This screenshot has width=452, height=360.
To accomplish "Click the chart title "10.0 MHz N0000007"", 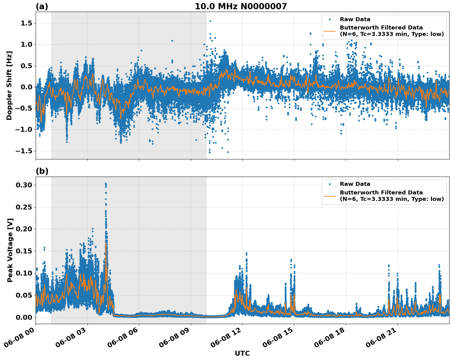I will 241,6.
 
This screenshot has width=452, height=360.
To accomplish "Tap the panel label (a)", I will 42,6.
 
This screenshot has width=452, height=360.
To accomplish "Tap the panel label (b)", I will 42,171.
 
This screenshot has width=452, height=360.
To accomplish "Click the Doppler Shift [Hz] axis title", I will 10,85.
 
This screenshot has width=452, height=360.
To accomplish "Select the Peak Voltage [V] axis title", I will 10,250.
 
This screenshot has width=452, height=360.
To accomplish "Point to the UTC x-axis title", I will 242,353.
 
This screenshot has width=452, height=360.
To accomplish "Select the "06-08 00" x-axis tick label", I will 21,338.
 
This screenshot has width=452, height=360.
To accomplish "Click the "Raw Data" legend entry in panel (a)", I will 355,19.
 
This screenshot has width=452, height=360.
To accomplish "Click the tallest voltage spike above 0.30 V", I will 106,184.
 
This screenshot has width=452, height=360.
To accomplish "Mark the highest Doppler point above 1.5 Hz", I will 210,21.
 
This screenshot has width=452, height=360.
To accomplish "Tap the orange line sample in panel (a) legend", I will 330,31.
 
